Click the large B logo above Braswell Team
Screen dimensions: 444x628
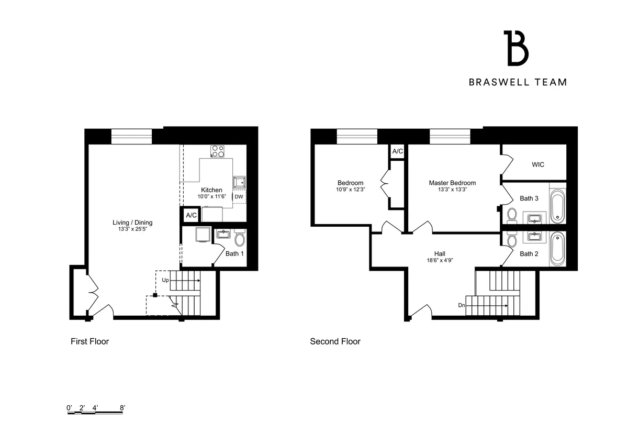point(516,48)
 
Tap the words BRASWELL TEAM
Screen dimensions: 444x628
point(518,82)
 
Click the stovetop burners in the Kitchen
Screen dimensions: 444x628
point(218,151)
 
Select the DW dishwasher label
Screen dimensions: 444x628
point(239,197)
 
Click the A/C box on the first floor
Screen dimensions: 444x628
point(191,215)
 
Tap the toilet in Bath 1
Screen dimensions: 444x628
point(240,240)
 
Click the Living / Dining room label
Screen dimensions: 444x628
point(132,223)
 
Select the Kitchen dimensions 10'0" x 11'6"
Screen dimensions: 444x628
point(211,196)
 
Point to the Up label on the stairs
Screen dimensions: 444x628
point(165,280)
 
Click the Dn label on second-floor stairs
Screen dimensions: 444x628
point(462,305)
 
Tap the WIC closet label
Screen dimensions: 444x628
point(538,164)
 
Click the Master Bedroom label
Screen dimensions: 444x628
point(452,183)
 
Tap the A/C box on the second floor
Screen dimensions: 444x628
point(398,151)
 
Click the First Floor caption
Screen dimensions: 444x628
point(89,341)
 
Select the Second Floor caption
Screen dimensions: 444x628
point(335,341)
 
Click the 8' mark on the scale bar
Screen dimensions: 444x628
point(122,407)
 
